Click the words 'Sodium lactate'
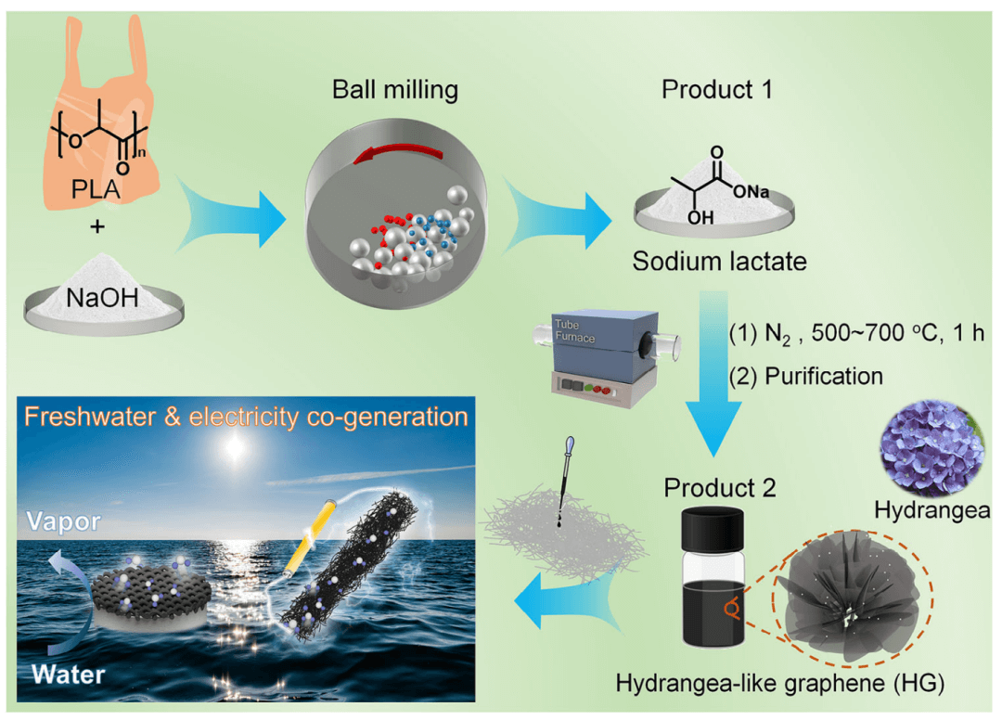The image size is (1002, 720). (x=719, y=262)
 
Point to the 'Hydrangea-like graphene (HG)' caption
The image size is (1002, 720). (x=779, y=686)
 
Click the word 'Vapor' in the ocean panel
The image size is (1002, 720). (x=63, y=524)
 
